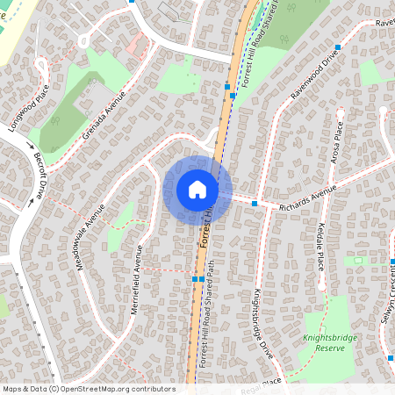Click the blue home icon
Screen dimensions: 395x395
click(x=197, y=189)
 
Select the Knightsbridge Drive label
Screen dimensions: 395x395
click(x=262, y=323)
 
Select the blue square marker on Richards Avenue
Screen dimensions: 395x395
click(x=255, y=204)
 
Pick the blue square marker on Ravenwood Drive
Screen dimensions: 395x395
click(x=337, y=47)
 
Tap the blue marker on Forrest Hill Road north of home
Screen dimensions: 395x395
click(x=227, y=87)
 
